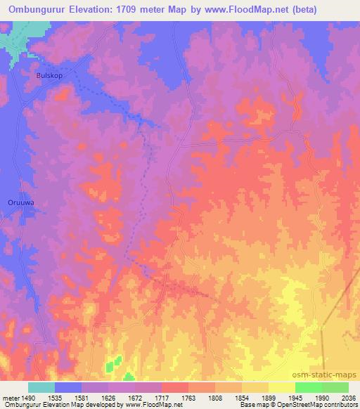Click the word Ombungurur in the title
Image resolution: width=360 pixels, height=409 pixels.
click(x=36, y=10)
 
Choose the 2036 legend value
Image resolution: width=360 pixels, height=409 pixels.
click(x=349, y=397)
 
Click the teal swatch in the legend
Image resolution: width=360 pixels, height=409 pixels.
click(x=41, y=387)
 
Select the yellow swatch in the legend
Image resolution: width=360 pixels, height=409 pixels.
click(x=281, y=387)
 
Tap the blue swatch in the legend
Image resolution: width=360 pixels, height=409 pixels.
click(x=67, y=387)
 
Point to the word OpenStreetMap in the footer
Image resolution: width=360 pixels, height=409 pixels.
click(x=322, y=405)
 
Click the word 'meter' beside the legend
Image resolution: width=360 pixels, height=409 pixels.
click(x=10, y=397)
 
